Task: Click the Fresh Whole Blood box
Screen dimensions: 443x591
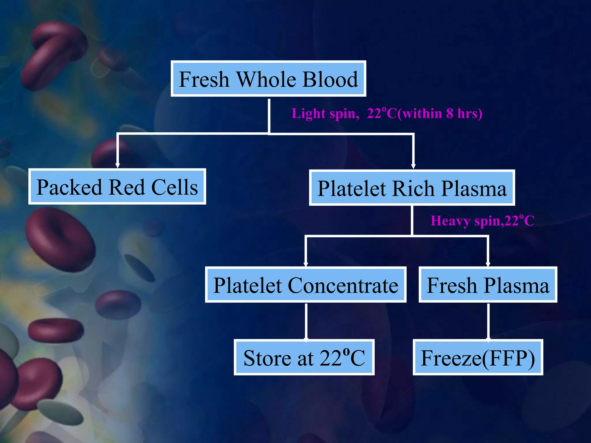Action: [x=268, y=79]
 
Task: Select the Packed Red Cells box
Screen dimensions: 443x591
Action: [x=117, y=187]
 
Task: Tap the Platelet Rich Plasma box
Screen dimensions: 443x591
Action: [x=412, y=188]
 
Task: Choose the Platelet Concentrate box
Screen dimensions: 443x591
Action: [x=306, y=285]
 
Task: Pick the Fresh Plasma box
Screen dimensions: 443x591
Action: [x=488, y=285]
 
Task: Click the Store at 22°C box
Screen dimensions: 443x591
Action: [x=304, y=357]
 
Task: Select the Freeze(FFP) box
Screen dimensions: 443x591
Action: [x=478, y=357]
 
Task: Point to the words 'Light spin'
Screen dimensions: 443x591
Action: [x=325, y=114]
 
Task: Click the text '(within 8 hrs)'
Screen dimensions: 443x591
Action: [x=440, y=114]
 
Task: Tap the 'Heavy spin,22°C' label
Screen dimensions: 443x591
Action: [x=482, y=221]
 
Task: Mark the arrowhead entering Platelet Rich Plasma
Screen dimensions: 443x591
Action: [x=413, y=166]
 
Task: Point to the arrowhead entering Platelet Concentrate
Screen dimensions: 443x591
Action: [x=306, y=264]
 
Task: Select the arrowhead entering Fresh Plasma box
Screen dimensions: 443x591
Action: [x=488, y=264]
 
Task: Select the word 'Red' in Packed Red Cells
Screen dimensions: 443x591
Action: [x=127, y=187]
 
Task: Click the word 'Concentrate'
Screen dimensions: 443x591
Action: [x=343, y=286]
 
